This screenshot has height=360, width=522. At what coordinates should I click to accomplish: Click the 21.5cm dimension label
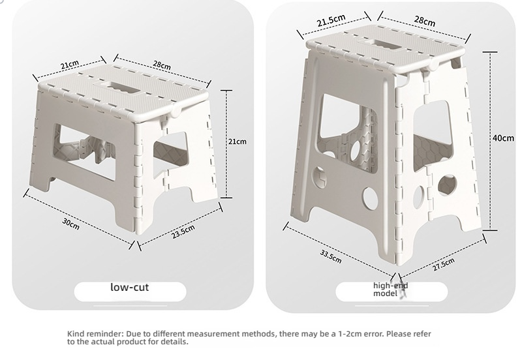(331, 21)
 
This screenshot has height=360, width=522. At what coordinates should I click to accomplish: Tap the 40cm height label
(503, 138)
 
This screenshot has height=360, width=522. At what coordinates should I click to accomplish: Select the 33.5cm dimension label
(331, 256)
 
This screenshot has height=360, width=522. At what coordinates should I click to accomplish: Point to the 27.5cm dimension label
(444, 265)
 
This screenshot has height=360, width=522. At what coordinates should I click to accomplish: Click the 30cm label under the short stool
(70, 224)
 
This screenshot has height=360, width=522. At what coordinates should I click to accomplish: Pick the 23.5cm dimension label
(183, 232)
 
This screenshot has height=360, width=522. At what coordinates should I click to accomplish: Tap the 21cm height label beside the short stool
(238, 142)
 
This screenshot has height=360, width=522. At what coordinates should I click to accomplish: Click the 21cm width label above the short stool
(70, 64)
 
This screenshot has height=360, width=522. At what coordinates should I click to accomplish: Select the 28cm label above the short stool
(162, 65)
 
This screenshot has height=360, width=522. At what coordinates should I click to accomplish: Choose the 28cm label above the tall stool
(425, 21)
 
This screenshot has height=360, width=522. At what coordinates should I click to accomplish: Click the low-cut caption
(129, 287)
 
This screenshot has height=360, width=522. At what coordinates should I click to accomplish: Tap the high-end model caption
(390, 290)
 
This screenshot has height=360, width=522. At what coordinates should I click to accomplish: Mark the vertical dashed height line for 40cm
(490, 141)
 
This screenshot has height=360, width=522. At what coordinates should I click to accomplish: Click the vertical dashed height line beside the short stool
(226, 143)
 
